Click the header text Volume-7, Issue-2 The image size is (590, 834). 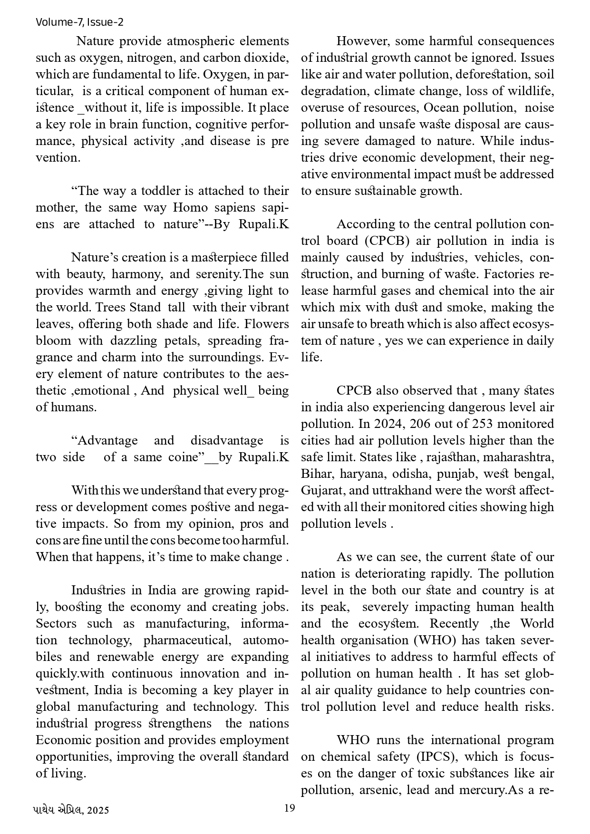coord(79,22)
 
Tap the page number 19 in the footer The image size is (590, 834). coord(289,808)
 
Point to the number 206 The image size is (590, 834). coord(420,424)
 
